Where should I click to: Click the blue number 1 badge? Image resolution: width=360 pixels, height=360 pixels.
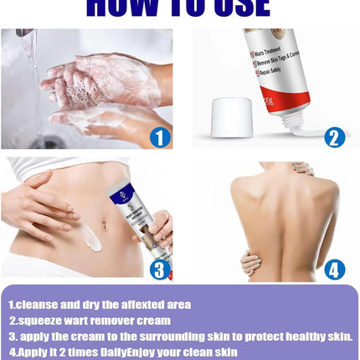coord(159,136)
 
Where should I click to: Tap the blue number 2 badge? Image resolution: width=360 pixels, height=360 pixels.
coord(334,136)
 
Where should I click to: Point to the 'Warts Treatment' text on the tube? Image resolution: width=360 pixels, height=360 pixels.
coord(277,55)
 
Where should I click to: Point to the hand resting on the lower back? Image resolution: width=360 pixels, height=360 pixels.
coord(251,262)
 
